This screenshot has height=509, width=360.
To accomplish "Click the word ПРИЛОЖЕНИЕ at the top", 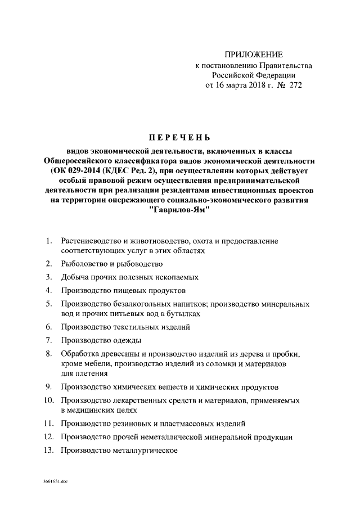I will [253, 55].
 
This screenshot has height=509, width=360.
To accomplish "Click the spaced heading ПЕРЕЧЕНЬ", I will [179, 137].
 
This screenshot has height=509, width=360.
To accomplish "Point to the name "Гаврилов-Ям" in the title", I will [180, 210].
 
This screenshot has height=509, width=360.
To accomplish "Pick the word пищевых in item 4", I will [133, 291].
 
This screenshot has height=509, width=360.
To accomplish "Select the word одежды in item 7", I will [127, 340].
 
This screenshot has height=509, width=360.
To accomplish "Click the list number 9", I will [49, 386].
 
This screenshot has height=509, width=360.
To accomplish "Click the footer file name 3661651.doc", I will [55, 482].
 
